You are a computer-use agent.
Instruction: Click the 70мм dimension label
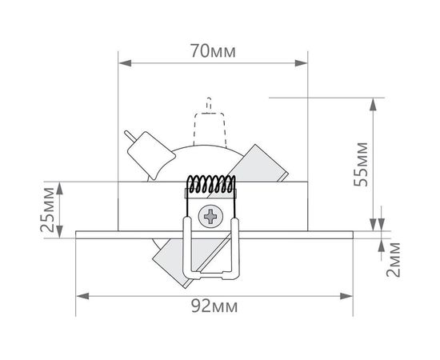point(213,50)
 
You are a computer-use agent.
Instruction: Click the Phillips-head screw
point(212,215)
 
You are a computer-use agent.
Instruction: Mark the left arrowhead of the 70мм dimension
point(122,61)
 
